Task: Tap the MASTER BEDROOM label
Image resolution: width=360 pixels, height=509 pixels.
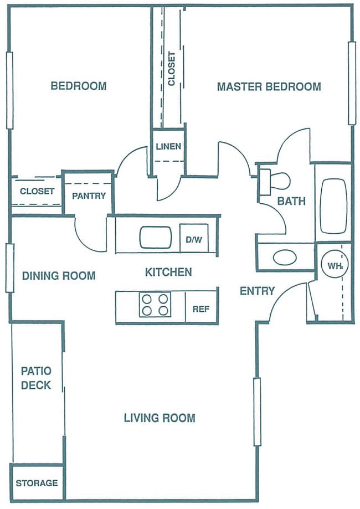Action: pos(269,87)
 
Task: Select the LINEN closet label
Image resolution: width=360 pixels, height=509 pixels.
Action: pos(168,147)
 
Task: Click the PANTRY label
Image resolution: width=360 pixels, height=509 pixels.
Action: pos(89,196)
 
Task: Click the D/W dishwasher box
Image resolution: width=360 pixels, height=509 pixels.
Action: pos(194,240)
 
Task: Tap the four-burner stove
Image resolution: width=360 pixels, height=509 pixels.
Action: pos(155,305)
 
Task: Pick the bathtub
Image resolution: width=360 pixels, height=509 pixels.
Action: pos(333,205)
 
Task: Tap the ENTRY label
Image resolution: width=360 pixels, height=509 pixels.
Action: pos(257,291)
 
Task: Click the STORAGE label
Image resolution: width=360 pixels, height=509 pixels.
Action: pos(37,483)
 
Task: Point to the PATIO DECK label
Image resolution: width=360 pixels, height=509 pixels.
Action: pos(36,378)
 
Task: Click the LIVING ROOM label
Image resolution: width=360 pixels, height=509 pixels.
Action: pos(159,418)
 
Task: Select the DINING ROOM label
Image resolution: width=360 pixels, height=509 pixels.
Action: pos(59,276)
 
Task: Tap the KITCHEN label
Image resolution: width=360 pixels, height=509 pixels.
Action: pos(168,272)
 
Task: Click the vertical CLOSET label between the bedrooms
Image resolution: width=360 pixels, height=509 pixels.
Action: pos(172,69)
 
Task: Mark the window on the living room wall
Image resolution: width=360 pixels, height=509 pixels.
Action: pos(257,412)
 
